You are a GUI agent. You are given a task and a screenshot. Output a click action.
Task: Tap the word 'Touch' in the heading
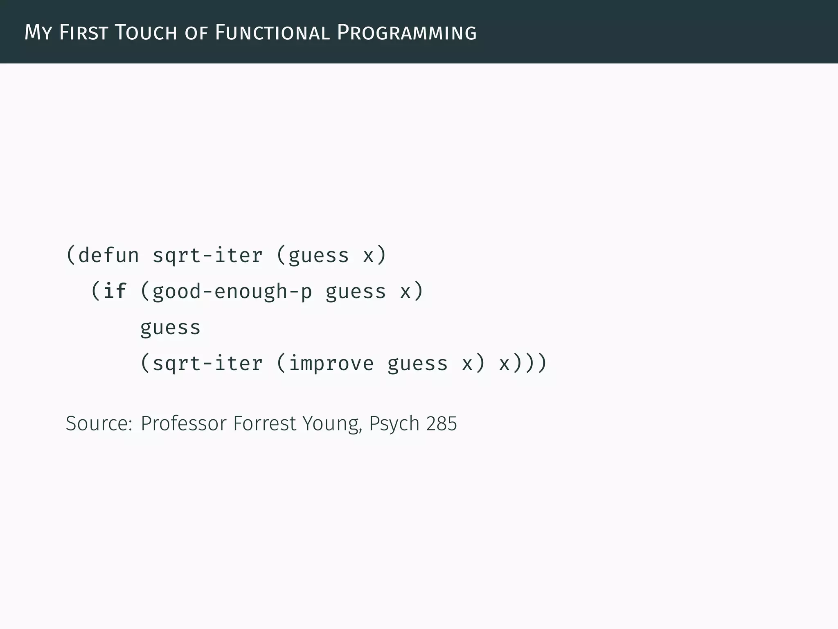pos(145,32)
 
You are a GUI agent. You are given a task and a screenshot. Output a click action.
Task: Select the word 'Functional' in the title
pos(272,32)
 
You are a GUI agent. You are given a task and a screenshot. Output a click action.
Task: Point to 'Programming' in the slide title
pos(406,32)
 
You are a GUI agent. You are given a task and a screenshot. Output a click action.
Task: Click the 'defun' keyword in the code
pos(108,256)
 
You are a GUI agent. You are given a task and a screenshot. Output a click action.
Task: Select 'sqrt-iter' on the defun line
pos(207,256)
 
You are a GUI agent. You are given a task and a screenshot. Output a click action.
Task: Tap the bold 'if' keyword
pos(115,292)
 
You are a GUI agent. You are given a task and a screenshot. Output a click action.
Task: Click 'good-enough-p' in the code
pos(232,292)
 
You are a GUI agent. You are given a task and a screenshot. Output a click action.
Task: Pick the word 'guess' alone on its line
pos(170,328)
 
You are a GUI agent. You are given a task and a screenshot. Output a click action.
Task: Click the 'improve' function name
pos(331,364)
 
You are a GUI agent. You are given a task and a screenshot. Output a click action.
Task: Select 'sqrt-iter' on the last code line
pos(207,364)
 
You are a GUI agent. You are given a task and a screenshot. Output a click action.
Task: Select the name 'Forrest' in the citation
pos(264,423)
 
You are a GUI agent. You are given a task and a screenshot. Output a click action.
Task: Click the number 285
pos(441,423)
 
